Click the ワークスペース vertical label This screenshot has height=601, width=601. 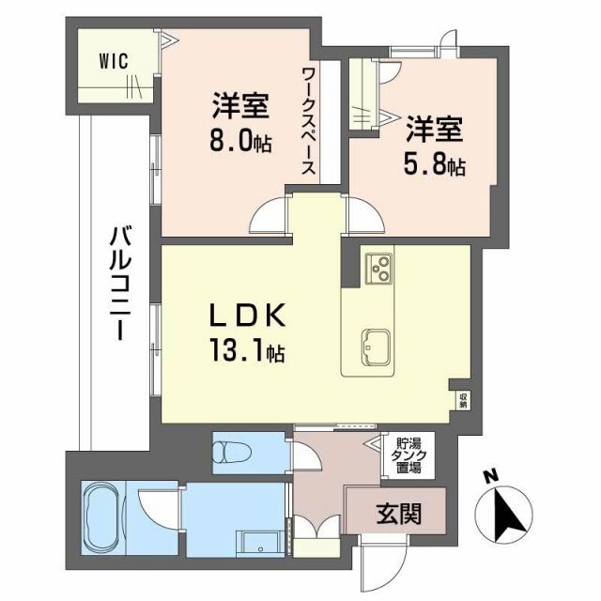coord(308,121)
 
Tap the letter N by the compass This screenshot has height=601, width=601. coord(488,476)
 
